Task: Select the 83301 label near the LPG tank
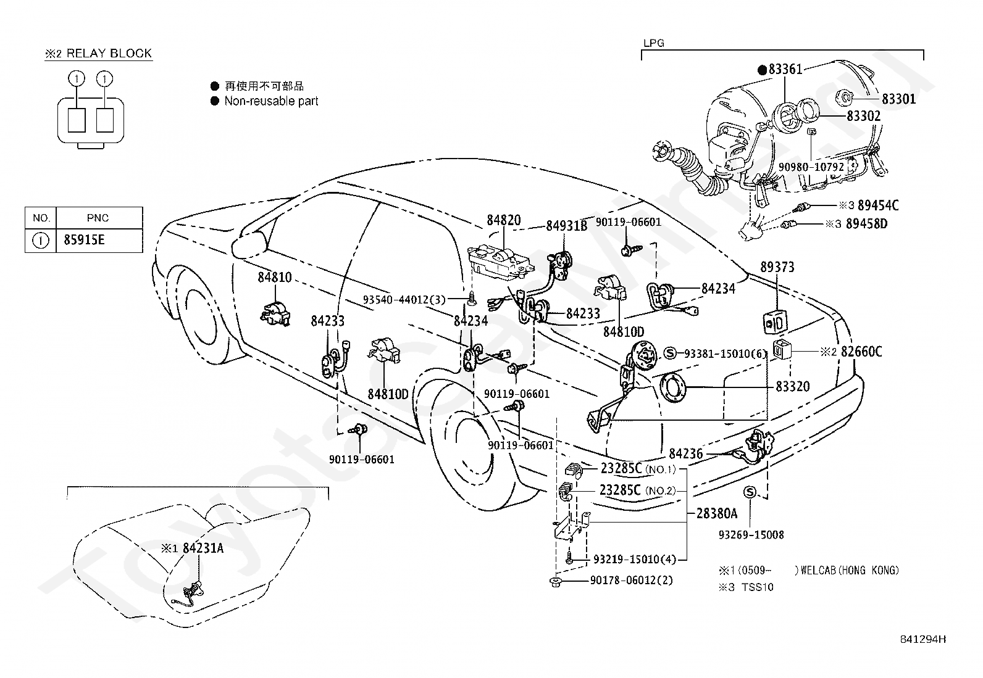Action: (899, 99)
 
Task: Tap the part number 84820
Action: (504, 220)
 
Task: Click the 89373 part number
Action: (777, 267)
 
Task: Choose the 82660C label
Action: (861, 352)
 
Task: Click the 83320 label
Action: (793, 386)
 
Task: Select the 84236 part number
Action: (686, 453)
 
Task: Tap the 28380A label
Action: (717, 513)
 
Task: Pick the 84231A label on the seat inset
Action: (203, 548)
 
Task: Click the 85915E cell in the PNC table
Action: (84, 240)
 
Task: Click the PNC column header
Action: (98, 218)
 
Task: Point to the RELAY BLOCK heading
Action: (109, 53)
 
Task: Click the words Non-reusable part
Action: (271, 101)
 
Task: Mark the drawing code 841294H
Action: (923, 639)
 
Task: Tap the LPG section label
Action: (654, 43)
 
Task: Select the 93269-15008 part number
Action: (751, 535)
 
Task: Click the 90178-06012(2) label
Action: (632, 580)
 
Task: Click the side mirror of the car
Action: (249, 247)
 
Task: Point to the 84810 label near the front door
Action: (275, 277)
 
